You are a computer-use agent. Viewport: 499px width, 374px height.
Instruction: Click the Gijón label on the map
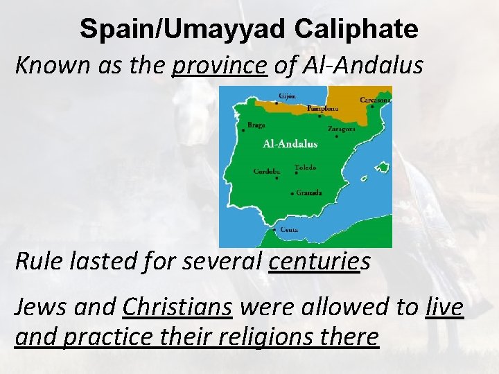(x=288, y=96)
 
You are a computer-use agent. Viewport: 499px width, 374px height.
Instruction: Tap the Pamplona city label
(x=323, y=109)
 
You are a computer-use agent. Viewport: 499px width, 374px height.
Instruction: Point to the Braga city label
(x=256, y=125)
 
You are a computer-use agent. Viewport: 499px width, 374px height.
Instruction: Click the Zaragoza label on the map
(x=342, y=128)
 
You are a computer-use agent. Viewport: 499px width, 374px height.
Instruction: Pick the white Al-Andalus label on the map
(x=290, y=144)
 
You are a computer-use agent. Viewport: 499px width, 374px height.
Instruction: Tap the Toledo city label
(x=306, y=167)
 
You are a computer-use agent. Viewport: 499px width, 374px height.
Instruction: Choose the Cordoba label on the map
(x=268, y=171)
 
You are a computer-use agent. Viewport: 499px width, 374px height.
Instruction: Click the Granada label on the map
(x=309, y=193)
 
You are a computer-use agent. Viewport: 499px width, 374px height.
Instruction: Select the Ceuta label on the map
(x=290, y=229)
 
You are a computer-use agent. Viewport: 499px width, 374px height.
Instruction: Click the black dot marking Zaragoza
(x=336, y=136)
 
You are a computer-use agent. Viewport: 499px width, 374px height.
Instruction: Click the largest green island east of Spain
(x=381, y=167)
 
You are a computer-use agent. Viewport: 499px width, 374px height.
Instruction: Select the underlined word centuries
(x=314, y=262)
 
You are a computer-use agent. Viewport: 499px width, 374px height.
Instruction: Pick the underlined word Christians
(x=177, y=305)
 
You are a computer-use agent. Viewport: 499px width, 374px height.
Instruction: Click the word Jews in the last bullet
(x=39, y=305)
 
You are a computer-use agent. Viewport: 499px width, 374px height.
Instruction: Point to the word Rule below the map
(x=37, y=262)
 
